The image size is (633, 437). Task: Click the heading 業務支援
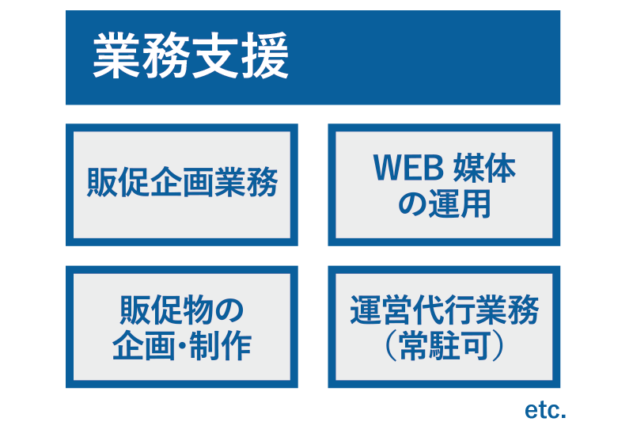click(x=191, y=55)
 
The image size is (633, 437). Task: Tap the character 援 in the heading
click(x=265, y=55)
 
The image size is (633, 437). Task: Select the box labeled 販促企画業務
click(x=182, y=184)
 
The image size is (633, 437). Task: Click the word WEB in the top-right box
click(x=408, y=168)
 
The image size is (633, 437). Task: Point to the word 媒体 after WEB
click(x=484, y=168)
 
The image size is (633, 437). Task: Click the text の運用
click(x=444, y=203)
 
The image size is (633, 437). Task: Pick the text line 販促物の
click(x=182, y=310)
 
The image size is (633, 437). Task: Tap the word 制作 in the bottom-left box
click(x=220, y=345)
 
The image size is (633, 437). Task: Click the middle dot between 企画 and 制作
click(x=182, y=346)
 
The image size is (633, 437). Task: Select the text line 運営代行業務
click(x=444, y=310)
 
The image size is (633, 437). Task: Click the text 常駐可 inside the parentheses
click(x=445, y=345)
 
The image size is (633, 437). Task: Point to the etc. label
click(x=545, y=410)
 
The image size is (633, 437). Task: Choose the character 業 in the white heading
click(x=116, y=55)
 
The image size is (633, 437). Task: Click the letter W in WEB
click(x=388, y=168)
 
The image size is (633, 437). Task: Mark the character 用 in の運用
click(x=476, y=203)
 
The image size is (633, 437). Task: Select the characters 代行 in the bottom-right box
click(x=444, y=310)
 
